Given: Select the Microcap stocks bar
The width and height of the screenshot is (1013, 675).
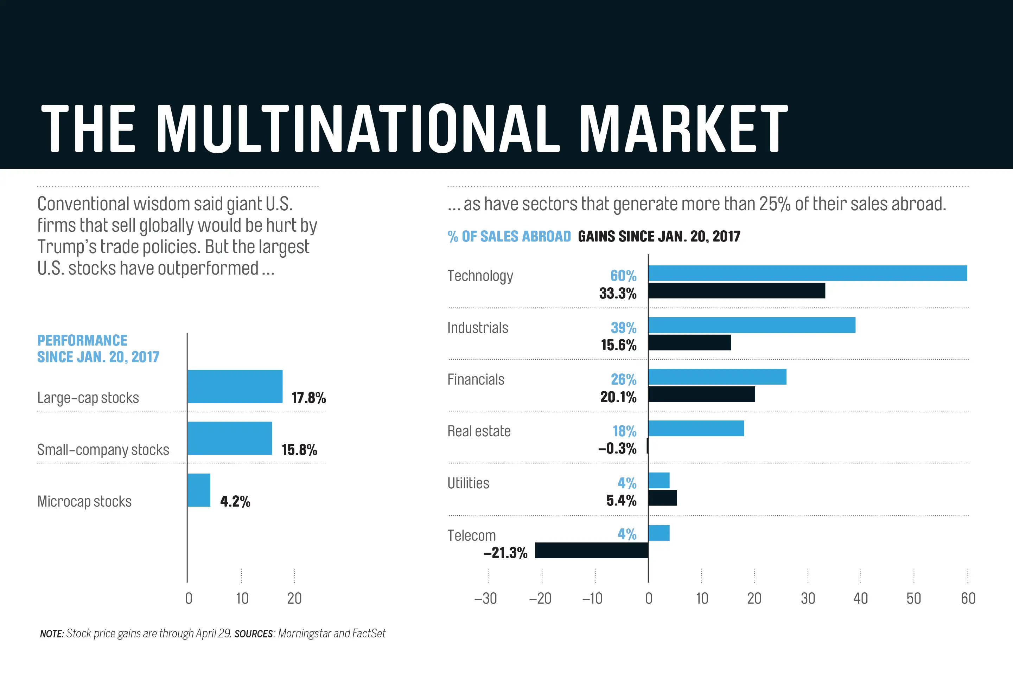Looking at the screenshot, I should coord(199,490).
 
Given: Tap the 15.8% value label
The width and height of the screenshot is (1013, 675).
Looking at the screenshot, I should coord(299,450).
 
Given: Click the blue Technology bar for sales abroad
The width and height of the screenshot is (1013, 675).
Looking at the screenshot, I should coord(808,273).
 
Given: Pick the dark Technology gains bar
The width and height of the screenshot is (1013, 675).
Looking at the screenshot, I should coord(737,291).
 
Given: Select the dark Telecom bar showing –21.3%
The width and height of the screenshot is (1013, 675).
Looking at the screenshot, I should coord(591,550).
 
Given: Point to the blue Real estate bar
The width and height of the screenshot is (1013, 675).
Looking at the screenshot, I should coord(696,428).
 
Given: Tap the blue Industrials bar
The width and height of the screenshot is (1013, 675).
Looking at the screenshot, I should coord(752,325).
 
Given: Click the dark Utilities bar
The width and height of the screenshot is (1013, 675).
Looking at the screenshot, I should coord(662,498).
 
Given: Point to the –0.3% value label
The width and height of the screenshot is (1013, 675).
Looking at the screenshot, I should coord(617,449).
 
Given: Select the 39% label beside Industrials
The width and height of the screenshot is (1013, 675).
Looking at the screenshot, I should coord(623,328).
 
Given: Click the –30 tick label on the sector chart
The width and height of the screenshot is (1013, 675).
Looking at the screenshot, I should coord(485,598).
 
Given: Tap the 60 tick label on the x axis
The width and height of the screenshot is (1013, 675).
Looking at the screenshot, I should coord(968,598).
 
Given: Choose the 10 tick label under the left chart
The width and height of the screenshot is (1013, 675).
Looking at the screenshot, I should coord(242,598).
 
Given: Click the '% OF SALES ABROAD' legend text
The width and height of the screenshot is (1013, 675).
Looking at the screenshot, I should coord(509,236).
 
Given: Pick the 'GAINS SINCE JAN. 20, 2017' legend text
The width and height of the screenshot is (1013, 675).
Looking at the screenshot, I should coord(659,236).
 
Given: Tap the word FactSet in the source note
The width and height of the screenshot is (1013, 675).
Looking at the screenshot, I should coord(369,633).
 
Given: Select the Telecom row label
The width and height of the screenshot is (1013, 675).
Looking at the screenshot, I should coord(472,535).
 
